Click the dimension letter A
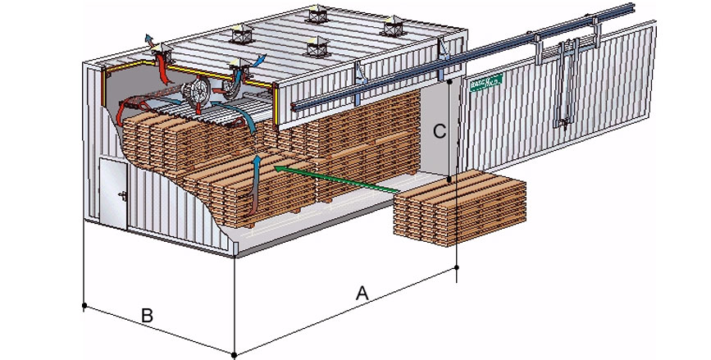point(361,291)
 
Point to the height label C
point(440,130)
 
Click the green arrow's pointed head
point(274,167)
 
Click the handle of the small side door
point(121,195)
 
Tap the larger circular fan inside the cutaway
point(194,94)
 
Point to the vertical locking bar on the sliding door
point(565,86)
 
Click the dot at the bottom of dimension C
point(451,180)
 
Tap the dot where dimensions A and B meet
point(235,354)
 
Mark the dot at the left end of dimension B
point(84,306)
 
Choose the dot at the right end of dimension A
point(457,267)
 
